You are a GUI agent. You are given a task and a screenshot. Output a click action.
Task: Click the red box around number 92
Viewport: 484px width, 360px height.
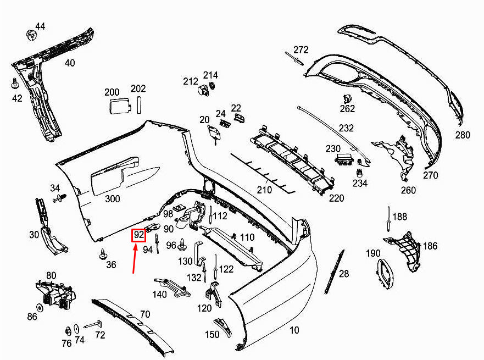138,235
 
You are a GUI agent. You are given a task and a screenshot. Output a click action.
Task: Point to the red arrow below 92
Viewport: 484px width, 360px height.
134,258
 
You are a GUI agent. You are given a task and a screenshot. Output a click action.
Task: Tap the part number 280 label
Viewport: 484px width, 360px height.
463,135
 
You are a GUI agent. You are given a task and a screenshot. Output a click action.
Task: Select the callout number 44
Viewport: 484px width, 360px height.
40,26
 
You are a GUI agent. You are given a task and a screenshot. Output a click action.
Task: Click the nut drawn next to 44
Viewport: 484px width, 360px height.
31,35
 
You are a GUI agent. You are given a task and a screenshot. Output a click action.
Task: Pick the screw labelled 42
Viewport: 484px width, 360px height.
15,84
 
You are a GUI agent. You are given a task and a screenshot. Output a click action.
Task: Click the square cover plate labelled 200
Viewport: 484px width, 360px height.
119,106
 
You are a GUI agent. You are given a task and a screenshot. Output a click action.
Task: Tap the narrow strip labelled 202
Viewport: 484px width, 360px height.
139,104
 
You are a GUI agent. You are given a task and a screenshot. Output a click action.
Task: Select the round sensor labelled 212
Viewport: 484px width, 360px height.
203,90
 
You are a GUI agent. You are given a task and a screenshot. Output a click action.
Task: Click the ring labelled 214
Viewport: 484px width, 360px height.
212,86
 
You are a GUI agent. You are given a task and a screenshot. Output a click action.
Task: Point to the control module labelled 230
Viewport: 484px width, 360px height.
343,159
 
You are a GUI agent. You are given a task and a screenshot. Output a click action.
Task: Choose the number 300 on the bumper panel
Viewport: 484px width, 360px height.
113,198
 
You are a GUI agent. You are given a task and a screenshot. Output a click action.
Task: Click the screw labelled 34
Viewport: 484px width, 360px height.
59,198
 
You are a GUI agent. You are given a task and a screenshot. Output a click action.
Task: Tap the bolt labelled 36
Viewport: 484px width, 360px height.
103,254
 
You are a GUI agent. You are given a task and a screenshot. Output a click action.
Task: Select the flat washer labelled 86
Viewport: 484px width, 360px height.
40,308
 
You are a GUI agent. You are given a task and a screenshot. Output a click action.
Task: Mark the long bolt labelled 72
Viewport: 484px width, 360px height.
93,324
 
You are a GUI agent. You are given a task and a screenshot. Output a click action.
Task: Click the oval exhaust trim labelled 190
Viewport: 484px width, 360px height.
385,274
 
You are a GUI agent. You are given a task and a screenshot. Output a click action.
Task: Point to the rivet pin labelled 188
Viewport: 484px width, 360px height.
388,219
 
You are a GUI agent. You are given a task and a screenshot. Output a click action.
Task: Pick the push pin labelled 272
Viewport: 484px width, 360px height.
295,59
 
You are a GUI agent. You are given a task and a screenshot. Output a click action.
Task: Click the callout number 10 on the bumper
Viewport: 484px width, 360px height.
294,330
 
